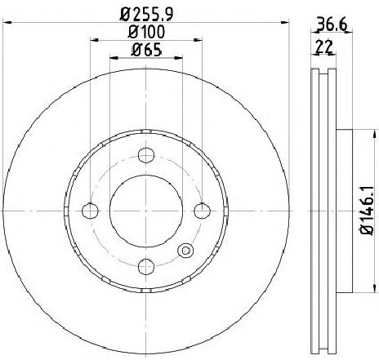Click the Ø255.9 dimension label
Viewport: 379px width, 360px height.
[x=146, y=14]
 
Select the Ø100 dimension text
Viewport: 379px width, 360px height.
[x=146, y=32]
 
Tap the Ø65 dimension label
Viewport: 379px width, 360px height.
[x=146, y=50]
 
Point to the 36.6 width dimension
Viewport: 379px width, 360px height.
[x=332, y=25]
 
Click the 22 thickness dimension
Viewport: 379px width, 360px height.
[x=324, y=47]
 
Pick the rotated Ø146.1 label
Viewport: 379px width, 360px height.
[x=367, y=211]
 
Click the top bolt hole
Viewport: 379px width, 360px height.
[x=146, y=155]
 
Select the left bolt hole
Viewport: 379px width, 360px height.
[x=90, y=211]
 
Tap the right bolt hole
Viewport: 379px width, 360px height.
[x=203, y=211]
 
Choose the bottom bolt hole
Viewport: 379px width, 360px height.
[x=146, y=267]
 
